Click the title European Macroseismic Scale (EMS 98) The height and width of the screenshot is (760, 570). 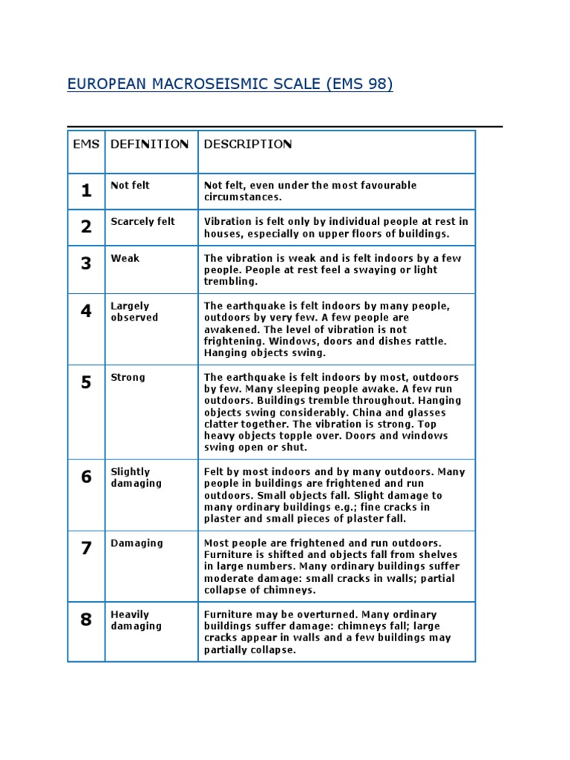point(230,84)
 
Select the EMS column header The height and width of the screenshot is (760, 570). point(86,144)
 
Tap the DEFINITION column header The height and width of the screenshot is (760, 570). point(149,144)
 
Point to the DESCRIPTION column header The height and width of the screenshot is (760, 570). point(248,144)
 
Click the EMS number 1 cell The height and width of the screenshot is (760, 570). point(86,191)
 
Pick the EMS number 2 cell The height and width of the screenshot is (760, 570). point(86,227)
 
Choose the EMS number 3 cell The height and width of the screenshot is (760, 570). point(86,263)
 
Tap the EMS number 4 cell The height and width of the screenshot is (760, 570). point(86,311)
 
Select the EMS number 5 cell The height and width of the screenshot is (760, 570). point(86,382)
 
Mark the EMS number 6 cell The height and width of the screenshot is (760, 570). point(86,476)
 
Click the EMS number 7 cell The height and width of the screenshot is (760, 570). point(86,548)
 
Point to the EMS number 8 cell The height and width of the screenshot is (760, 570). point(86,619)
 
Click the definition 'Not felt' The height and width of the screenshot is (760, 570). point(130,186)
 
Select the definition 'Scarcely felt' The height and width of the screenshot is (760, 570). point(142,222)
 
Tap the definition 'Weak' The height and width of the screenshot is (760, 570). point(125,258)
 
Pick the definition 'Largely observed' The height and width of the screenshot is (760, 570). point(134,312)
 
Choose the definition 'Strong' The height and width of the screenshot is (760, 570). point(128,377)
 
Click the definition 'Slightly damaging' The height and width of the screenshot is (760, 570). point(136,477)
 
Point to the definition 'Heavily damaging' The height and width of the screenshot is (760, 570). point(136,620)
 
